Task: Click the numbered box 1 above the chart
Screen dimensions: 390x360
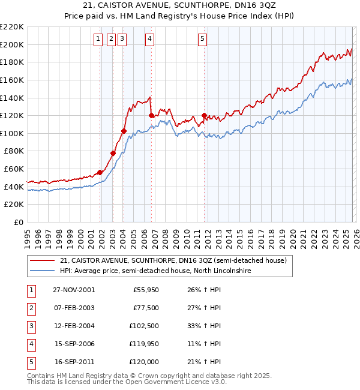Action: pyautogui.click(x=98, y=39)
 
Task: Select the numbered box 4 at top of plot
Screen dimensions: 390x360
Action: pyautogui.click(x=149, y=39)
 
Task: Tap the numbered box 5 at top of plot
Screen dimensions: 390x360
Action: pyautogui.click(x=202, y=39)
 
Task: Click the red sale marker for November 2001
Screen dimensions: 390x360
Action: pyautogui.click(x=100, y=173)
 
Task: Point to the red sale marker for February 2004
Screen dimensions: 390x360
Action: pyautogui.click(x=124, y=131)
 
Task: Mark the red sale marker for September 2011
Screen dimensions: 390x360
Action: pyautogui.click(x=204, y=115)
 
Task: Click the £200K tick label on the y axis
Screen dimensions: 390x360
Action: pyautogui.click(x=12, y=44)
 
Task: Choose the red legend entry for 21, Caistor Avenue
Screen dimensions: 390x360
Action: pyautogui.click(x=173, y=260)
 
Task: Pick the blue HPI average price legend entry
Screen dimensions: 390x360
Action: pyautogui.click(x=155, y=271)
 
